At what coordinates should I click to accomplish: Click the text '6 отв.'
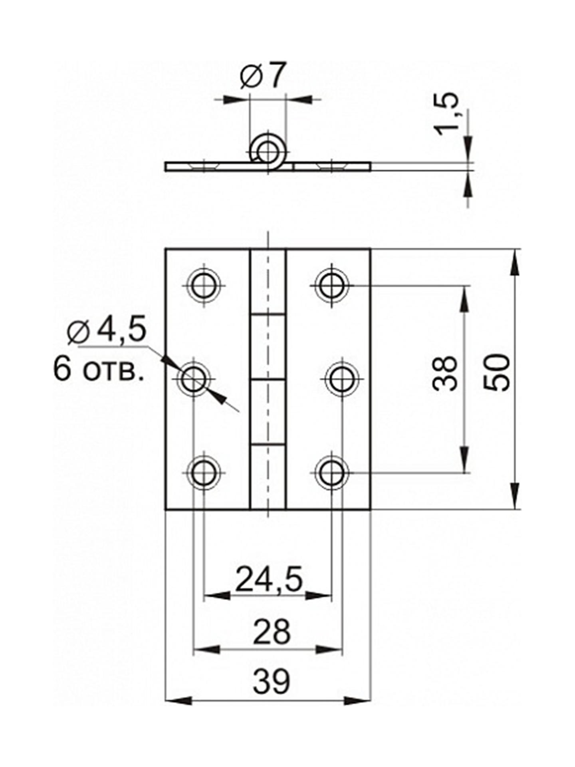point(98,370)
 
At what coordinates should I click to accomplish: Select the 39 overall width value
point(271,683)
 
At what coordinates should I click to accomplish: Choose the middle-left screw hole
point(193,379)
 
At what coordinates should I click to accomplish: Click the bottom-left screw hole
point(204,473)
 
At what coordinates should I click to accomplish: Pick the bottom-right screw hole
point(331,473)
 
